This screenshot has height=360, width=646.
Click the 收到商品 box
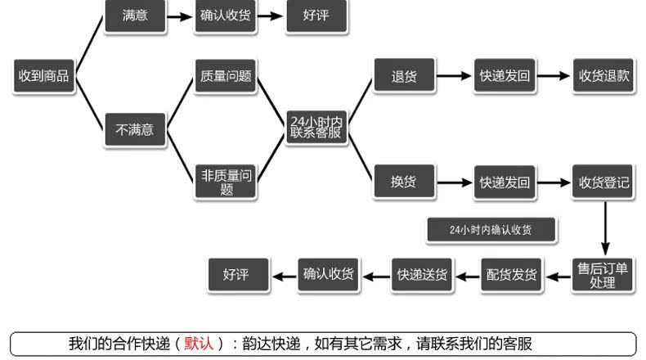(43, 76)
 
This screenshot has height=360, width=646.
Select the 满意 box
(135, 16)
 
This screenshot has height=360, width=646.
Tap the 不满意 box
(135, 129)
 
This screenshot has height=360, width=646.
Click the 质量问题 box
(227, 76)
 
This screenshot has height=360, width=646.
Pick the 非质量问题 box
(227, 182)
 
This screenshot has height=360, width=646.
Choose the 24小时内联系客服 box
(316, 128)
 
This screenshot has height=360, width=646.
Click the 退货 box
(404, 76)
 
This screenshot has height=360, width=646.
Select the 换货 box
(404, 182)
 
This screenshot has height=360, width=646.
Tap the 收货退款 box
(603, 76)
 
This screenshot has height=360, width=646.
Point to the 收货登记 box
(603, 182)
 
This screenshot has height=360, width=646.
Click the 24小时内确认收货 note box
(491, 230)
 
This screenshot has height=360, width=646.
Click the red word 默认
(199, 344)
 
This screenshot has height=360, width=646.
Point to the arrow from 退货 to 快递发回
(455, 76)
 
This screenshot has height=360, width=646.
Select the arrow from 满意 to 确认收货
(181, 16)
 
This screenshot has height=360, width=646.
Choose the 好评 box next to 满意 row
(316, 16)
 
